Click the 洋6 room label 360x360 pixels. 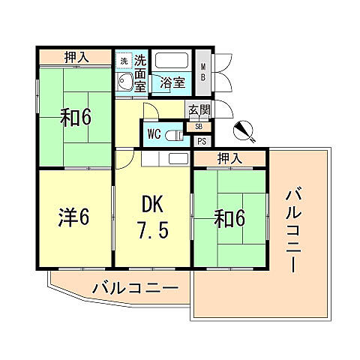point(74,218)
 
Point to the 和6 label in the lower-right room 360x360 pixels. point(229,218)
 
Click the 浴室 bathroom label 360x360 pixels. point(172,83)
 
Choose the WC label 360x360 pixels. point(154,134)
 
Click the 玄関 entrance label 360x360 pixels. point(199,110)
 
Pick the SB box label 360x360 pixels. point(199,126)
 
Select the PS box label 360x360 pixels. point(201,140)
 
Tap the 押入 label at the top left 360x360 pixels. point(76,57)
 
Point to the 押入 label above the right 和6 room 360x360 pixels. point(229,157)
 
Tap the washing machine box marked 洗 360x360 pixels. point(124,59)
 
